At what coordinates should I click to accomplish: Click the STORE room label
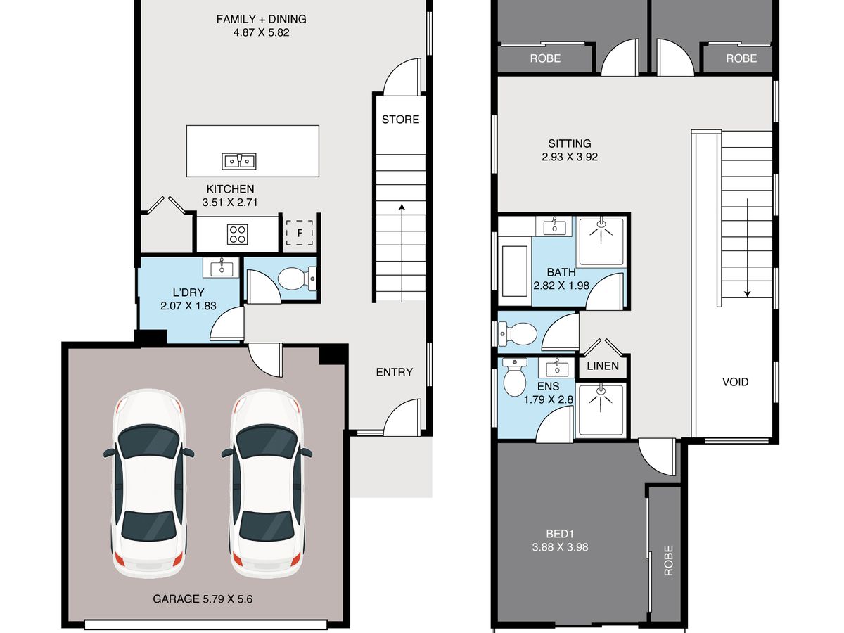pos(400,120)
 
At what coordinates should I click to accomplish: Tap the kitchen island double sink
pos(238,161)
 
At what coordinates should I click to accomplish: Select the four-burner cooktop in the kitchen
pos(237,234)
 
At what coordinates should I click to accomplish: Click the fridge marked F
pos(299,233)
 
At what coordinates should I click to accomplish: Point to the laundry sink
pos(221,267)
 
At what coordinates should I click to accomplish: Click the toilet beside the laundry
pos(297,279)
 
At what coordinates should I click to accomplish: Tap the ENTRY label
pos(394,372)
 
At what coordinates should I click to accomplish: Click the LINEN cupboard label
pos(603,366)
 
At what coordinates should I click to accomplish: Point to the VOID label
pos(735,382)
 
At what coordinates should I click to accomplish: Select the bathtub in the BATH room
pos(514,271)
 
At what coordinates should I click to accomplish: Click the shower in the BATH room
pos(601,242)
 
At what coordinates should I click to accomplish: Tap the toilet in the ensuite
pos(514,377)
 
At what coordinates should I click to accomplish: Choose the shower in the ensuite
pos(601,409)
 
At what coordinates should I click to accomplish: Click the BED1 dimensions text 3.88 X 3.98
pos(560,547)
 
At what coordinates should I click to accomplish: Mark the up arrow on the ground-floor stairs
pos(402,253)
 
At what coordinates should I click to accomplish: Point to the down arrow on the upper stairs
pos(747,248)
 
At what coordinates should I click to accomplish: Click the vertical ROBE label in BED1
pos(669,561)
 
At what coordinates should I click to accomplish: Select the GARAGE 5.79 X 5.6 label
pos(203,599)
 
